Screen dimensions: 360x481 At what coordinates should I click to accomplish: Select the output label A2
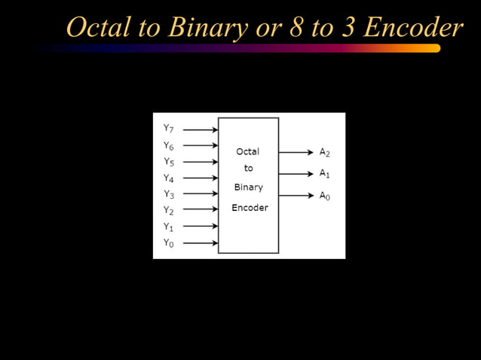325,152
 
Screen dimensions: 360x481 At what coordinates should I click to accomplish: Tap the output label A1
325,174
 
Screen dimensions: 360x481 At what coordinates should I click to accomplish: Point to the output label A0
325,196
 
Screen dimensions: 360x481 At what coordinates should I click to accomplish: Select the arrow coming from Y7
201,130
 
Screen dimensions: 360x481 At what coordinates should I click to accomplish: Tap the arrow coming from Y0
201,243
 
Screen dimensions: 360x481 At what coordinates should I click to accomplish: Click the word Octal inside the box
248,151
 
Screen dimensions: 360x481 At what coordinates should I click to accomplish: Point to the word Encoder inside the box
250,207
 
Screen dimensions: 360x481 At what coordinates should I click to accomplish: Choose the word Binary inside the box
248,187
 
